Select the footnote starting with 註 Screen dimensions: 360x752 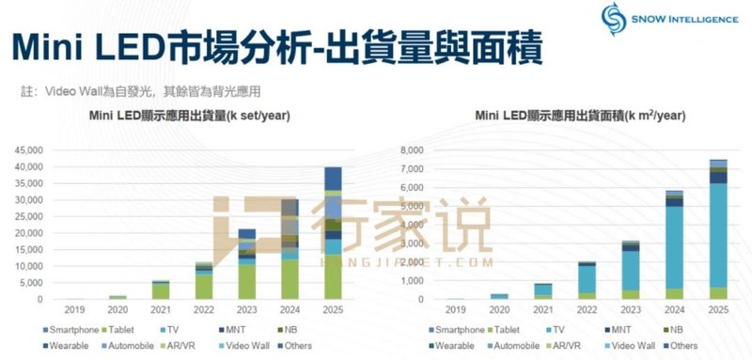[x=140, y=92]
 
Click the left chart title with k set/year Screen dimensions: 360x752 [x=189, y=116]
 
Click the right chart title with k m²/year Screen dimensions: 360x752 [x=580, y=116]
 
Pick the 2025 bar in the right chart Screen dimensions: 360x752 [x=717, y=230]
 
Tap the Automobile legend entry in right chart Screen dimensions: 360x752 [x=525, y=345]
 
